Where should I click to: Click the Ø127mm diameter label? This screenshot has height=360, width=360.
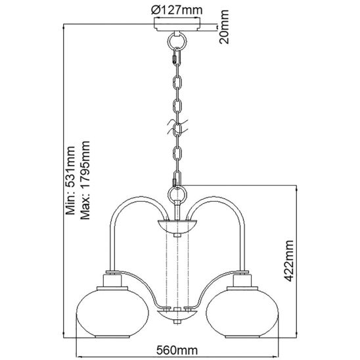pos(177,10)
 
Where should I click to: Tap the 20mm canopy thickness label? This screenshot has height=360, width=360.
pos(224,27)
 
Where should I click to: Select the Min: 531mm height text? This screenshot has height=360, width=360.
pos(70,180)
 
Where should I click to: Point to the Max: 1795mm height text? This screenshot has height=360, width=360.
pos(85,180)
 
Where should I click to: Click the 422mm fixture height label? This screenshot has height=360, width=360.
pos(288,261)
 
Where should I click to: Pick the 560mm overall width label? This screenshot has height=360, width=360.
pos(177,350)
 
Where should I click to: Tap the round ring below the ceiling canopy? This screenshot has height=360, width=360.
pos(177,41)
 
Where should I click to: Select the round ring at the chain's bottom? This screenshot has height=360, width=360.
pos(177,194)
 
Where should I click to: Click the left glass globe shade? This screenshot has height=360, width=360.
pos(112,313)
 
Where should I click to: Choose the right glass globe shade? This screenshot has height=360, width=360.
pos(242,313)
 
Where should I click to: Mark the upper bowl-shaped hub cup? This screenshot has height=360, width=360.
pos(177,227)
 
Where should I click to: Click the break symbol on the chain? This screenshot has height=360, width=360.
pos(177,127)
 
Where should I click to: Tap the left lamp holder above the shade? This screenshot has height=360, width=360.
pos(112,280)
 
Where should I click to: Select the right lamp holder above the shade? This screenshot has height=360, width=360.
pos(242,280)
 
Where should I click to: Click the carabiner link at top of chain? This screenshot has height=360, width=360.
pos(177,56)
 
